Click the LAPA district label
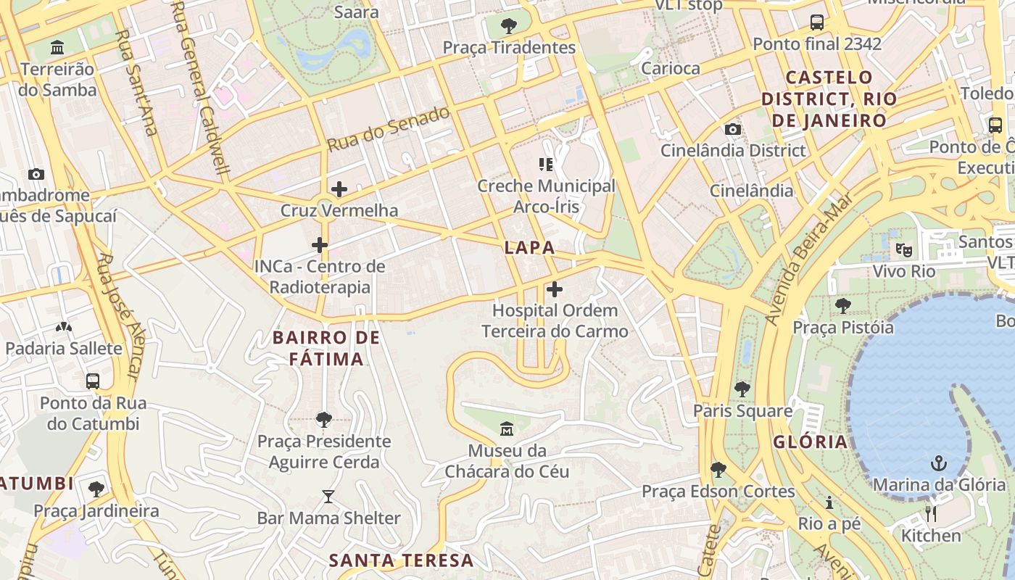[x=529, y=248]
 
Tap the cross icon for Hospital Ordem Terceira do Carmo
[x=555, y=289]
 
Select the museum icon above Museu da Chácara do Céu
[x=507, y=429]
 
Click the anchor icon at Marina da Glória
[x=939, y=462]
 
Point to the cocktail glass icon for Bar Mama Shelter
[x=328, y=497]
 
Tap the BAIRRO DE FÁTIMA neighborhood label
[x=326, y=348]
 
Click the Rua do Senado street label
[x=388, y=129]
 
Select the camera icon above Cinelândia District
[x=733, y=129]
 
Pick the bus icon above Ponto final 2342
[x=817, y=22]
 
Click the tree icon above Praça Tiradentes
[x=509, y=26]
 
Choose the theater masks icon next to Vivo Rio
[x=903, y=250]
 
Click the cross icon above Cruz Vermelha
[x=339, y=190]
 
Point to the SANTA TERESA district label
[x=401, y=560]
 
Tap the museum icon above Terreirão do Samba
[x=57, y=49]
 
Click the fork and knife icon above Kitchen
[x=931, y=514]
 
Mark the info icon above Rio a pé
[x=829, y=502]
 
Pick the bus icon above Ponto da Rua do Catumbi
[x=93, y=381]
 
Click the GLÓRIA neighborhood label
[x=810, y=442]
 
